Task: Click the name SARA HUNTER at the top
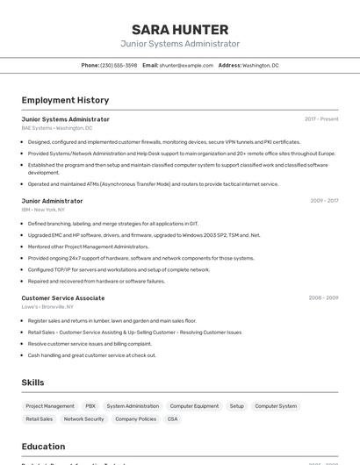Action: [x=180, y=29]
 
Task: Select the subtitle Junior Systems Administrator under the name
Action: [x=180, y=44]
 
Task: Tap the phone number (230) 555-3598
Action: [x=119, y=65]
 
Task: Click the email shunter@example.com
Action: [x=186, y=65]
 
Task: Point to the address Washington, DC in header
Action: [x=260, y=65]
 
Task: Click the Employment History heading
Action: [x=65, y=100]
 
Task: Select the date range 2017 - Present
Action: [x=321, y=119]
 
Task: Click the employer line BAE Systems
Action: [x=56, y=128]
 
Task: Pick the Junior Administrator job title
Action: [x=52, y=201]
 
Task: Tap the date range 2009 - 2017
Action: [x=324, y=201]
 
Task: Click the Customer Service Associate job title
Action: [x=62, y=298]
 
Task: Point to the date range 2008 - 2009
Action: [x=323, y=298]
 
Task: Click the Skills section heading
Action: [x=32, y=383]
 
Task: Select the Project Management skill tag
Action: [x=50, y=406]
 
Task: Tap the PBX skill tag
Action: [x=90, y=406]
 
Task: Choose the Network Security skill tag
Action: [x=83, y=419]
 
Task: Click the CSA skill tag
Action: [x=172, y=419]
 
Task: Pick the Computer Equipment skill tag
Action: [x=194, y=406]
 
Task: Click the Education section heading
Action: [x=43, y=447]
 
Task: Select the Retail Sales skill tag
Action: [x=40, y=419]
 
